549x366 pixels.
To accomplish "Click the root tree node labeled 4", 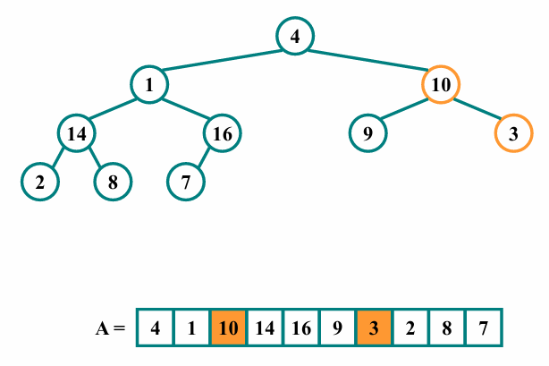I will click(x=295, y=36).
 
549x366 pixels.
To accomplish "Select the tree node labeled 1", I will click(x=149, y=85).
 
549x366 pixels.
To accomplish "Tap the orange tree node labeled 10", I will click(x=441, y=85).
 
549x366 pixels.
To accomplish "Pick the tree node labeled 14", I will click(x=77, y=134).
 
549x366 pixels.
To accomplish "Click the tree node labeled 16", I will click(x=223, y=134).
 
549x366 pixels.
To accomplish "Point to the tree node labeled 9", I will click(x=367, y=134).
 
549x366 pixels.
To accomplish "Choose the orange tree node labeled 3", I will click(x=513, y=134).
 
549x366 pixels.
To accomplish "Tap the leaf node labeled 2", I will click(x=40, y=182).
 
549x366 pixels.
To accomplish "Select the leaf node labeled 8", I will click(x=114, y=182).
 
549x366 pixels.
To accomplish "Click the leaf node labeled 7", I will click(x=186, y=182).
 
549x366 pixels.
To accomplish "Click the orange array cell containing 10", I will click(x=228, y=328).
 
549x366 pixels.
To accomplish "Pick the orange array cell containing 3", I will click(x=374, y=328).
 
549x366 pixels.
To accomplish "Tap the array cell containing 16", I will click(x=300, y=328).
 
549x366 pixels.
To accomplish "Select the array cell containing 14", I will click(x=265, y=328).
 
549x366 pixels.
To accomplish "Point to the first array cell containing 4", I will click(x=155, y=328).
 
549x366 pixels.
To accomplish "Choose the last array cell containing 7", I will click(x=484, y=328).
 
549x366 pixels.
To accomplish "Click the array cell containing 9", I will click(x=337, y=328).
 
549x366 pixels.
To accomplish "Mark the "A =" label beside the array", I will click(x=111, y=328).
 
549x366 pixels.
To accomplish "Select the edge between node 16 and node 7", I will click(x=205, y=157).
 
